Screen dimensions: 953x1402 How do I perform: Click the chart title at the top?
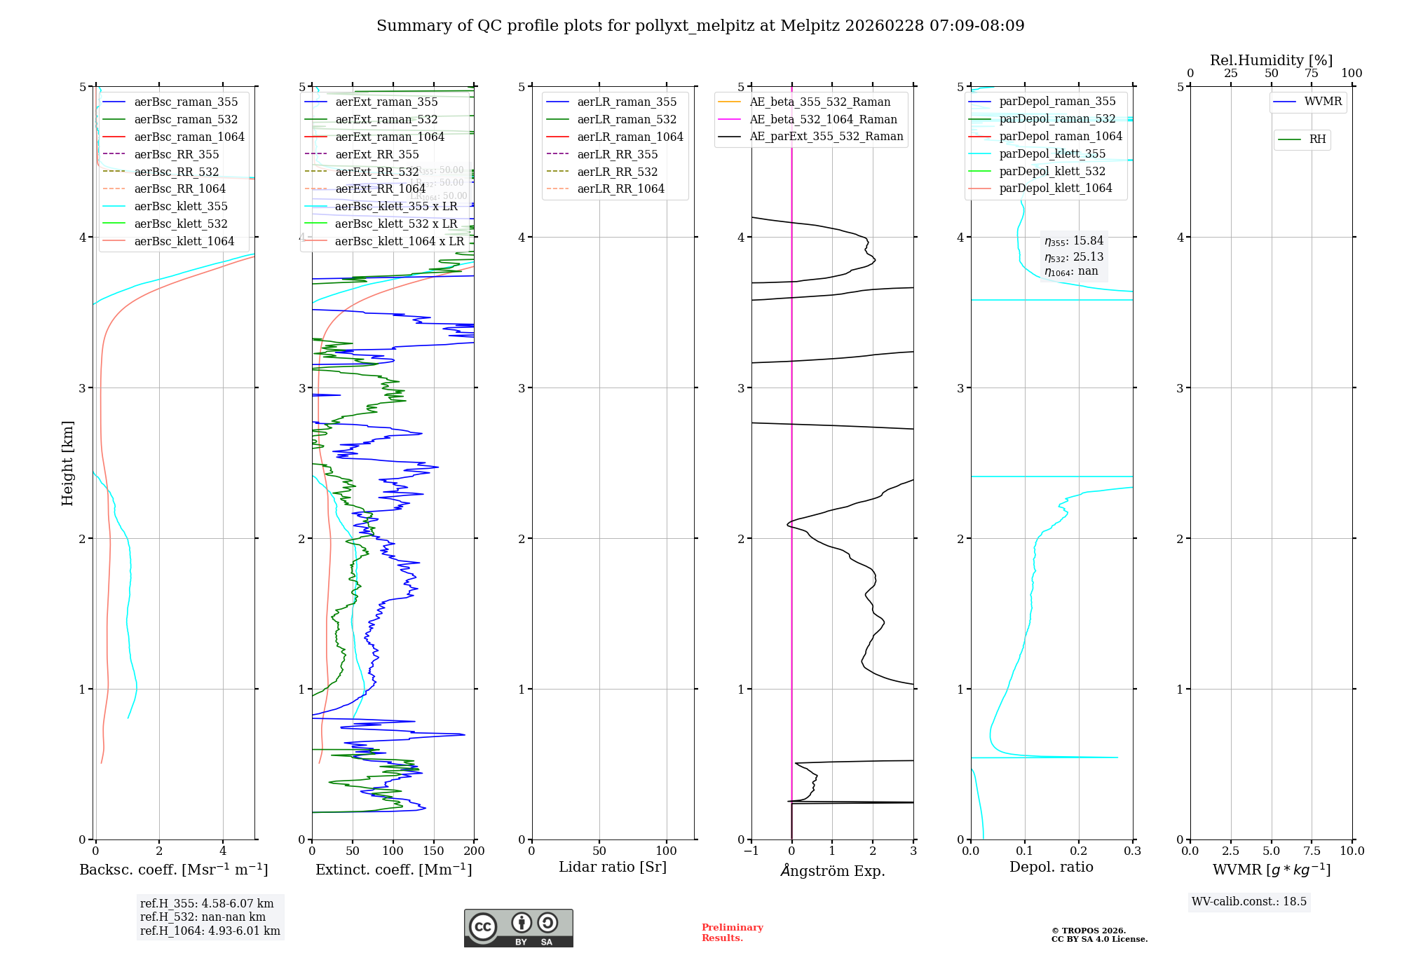click(x=700, y=26)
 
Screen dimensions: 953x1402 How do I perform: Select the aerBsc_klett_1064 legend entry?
click(x=184, y=242)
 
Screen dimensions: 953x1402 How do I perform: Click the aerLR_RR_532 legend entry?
click(x=617, y=172)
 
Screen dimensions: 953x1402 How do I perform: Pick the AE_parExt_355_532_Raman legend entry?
click(x=826, y=137)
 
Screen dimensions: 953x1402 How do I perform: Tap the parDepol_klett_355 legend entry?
click(x=1051, y=154)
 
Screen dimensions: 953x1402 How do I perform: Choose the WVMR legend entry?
click(x=1322, y=102)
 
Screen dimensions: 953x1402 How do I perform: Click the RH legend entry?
click(x=1317, y=139)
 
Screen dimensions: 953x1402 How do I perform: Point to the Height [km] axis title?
click(x=67, y=463)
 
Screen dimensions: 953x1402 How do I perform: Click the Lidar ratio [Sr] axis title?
click(x=612, y=867)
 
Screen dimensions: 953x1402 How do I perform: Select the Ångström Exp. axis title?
click(x=832, y=871)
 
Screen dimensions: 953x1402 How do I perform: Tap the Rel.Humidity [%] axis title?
click(x=1271, y=60)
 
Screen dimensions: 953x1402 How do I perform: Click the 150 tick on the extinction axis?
click(x=433, y=851)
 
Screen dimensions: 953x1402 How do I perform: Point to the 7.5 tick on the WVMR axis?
click(x=1312, y=851)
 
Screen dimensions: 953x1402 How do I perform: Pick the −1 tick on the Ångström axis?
click(x=751, y=851)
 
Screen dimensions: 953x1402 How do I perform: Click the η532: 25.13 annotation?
click(x=1074, y=257)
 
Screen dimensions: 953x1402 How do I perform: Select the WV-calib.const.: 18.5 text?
click(x=1248, y=902)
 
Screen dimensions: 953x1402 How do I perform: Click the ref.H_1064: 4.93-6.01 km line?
click(x=210, y=931)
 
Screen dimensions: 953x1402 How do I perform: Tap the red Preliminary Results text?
click(x=732, y=933)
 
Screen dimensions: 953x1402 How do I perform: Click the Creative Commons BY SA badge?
click(x=518, y=928)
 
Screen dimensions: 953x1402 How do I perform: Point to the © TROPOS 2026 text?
click(x=1088, y=931)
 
